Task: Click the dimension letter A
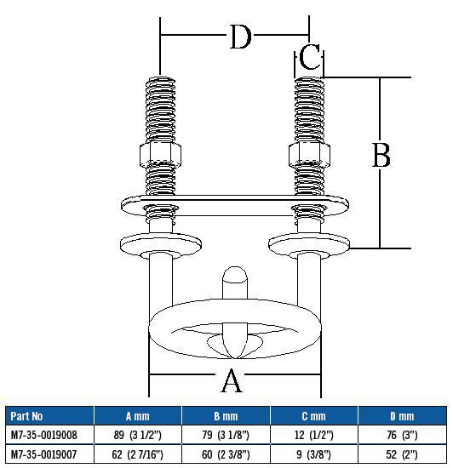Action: coord(231,381)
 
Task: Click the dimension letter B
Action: coord(382,156)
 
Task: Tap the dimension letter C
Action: coord(311,59)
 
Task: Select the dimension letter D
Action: coord(241,37)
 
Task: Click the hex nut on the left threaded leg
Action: coord(159,155)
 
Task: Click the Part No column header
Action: coord(26,417)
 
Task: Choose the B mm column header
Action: coord(226,417)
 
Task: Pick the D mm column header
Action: coord(401,417)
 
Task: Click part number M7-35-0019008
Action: coord(44,435)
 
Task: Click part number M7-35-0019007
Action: coord(44,454)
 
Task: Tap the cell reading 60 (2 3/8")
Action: coord(226,454)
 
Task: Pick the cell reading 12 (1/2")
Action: coord(313,435)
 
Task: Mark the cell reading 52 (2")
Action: coord(401,454)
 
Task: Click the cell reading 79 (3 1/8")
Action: coord(226,435)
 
